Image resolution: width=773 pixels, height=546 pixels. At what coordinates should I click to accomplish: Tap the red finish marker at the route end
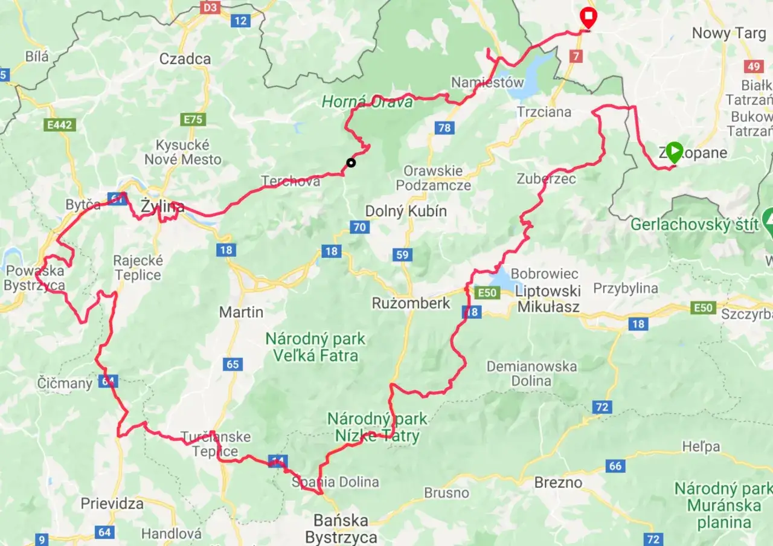tap(587, 16)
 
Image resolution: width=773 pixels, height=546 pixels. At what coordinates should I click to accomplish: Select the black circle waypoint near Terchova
tap(350, 162)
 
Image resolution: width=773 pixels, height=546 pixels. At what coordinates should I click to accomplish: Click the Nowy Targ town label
tap(728, 33)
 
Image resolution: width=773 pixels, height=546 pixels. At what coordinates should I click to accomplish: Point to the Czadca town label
tap(185, 59)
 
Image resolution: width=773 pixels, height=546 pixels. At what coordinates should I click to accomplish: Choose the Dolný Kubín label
tap(406, 211)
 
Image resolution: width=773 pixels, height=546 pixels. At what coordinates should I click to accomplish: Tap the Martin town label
tap(241, 312)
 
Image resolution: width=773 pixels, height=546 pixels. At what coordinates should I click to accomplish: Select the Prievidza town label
tap(112, 503)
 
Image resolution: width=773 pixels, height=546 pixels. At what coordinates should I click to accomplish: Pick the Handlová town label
tap(172, 533)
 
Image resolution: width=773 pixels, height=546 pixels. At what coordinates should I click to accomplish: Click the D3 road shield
tap(210, 7)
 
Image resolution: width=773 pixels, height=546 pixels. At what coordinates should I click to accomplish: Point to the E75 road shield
tap(193, 119)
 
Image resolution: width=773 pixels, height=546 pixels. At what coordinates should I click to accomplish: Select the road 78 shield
tap(444, 127)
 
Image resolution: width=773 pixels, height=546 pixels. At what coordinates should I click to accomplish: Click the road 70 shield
tap(360, 227)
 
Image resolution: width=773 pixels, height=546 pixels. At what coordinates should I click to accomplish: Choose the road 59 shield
tap(403, 254)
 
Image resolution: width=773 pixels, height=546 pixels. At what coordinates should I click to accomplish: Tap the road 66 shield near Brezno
tap(615, 466)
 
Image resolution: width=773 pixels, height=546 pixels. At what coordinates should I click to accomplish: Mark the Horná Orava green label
tap(367, 102)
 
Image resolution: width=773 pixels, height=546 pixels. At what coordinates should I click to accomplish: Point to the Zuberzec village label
tap(546, 178)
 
